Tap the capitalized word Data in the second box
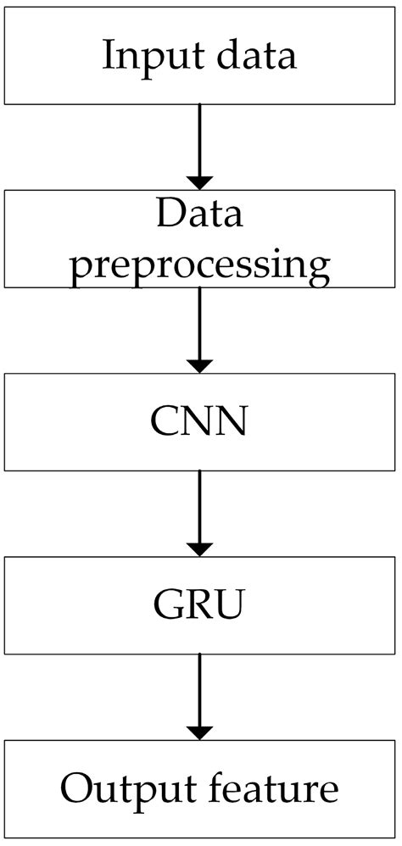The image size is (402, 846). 199,214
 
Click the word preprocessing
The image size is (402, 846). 200,264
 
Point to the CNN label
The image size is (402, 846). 200,421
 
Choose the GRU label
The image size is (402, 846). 200,605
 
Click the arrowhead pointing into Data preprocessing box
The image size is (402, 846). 200,181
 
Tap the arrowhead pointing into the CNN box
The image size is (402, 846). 200,365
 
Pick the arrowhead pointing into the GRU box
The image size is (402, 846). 200,548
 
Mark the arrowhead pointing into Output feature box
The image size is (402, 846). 200,731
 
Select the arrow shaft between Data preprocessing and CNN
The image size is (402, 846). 200,322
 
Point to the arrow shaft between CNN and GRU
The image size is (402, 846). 200,505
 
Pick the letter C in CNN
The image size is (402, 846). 166,421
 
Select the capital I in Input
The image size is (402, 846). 108,55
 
